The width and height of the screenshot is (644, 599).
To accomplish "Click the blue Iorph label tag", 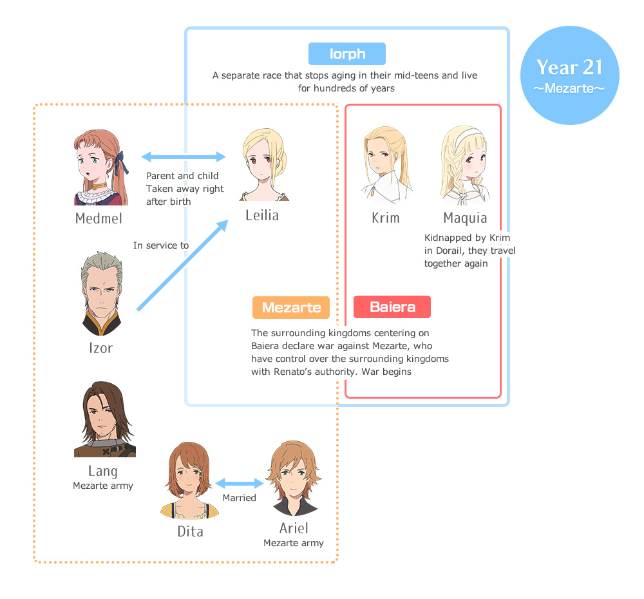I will click(x=346, y=54).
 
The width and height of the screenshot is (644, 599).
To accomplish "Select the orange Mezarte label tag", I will click(x=291, y=307).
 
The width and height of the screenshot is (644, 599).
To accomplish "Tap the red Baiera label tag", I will click(x=392, y=307).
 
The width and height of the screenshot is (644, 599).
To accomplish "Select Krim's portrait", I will click(x=386, y=165).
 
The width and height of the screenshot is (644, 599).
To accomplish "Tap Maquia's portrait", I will click(x=465, y=165).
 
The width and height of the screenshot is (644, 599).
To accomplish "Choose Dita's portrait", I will click(x=189, y=480).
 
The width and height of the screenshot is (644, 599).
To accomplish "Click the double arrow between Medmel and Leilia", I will click(x=184, y=157).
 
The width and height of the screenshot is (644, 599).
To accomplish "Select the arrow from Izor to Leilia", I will click(x=183, y=265).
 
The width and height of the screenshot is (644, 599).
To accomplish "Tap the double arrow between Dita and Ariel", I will click(x=240, y=483).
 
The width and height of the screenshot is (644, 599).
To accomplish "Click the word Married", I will click(x=239, y=498).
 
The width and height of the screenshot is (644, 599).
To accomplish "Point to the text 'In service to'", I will click(x=161, y=245).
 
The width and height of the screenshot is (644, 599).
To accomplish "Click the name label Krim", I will click(x=386, y=218).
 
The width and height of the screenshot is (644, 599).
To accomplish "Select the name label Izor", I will click(x=100, y=348).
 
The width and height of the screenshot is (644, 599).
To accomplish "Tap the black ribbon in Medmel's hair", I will click(x=119, y=159).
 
